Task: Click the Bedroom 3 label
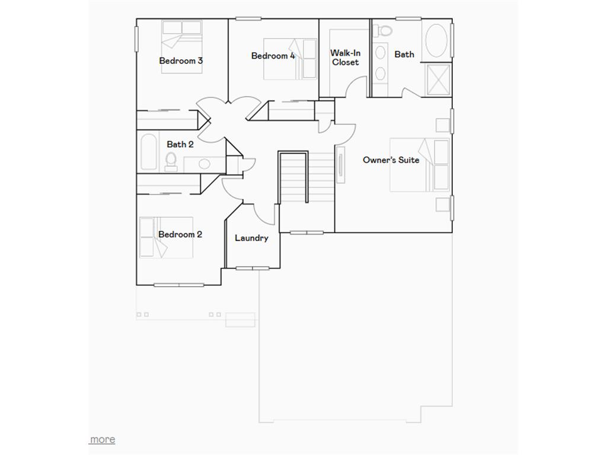coord(181,60)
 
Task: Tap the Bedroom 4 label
coord(273,56)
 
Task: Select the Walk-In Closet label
coord(346,57)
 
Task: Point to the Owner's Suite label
coord(391,160)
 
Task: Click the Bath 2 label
coord(180,144)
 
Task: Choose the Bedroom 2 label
coord(180,234)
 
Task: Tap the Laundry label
coord(251,238)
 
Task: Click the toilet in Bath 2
coord(171,161)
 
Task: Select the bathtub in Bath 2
coord(148,152)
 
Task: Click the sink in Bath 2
coord(203,164)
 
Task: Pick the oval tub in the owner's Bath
coord(437,40)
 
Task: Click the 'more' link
coord(103,439)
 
